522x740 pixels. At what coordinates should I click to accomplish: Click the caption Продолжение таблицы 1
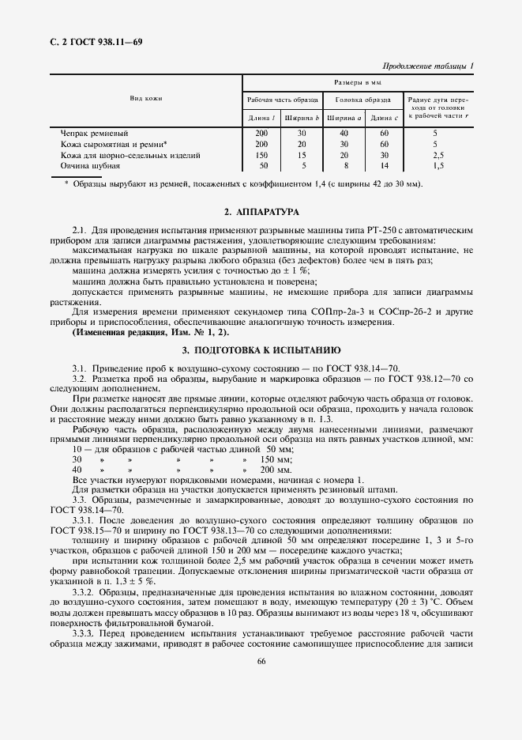427,66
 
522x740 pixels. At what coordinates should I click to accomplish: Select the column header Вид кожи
145,98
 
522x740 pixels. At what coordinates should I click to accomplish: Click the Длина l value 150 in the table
262,156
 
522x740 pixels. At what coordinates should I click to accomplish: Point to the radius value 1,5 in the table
438,167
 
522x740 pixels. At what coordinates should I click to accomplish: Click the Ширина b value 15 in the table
302,156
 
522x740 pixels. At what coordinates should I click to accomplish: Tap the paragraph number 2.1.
78,230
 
